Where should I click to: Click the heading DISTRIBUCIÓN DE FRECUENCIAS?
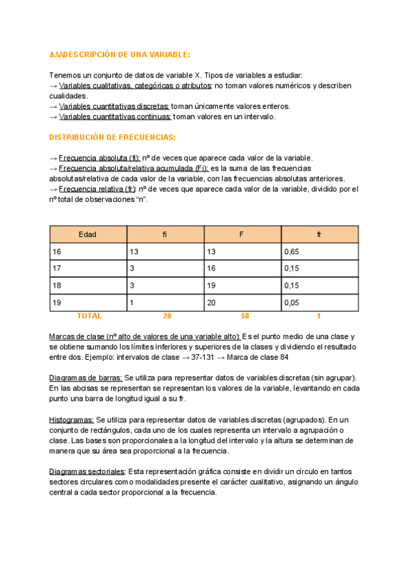pyautogui.click(x=112, y=137)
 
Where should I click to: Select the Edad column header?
pyautogui.click(x=87, y=234)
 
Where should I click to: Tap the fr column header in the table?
pyautogui.click(x=319, y=234)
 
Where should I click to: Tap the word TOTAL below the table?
pyautogui.click(x=90, y=316)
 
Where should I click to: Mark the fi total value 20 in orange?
pyautogui.click(x=167, y=316)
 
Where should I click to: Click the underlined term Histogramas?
pyautogui.click(x=72, y=419)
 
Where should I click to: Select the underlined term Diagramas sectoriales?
pyautogui.click(x=87, y=471)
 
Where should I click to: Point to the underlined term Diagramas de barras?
pyautogui.click(x=86, y=378)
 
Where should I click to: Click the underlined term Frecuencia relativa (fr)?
pyautogui.click(x=98, y=188)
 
